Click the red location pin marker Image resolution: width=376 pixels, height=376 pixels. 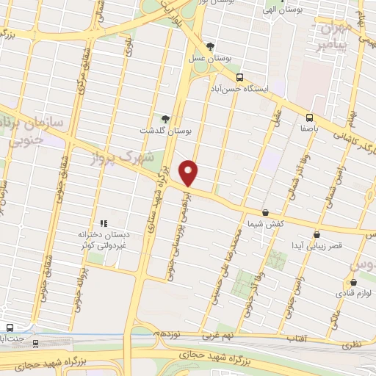(189, 173)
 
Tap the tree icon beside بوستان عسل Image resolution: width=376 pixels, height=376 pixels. (211, 47)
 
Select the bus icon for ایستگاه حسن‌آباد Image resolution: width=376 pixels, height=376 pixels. (239, 76)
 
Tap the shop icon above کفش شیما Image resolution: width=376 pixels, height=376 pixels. (265, 212)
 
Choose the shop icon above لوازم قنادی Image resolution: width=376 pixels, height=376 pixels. (353, 282)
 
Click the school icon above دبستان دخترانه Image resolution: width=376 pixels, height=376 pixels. (104, 223)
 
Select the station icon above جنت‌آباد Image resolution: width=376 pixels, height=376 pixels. (10, 327)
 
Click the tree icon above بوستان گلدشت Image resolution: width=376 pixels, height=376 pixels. (165, 119)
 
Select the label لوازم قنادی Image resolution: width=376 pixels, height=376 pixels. (354, 292)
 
